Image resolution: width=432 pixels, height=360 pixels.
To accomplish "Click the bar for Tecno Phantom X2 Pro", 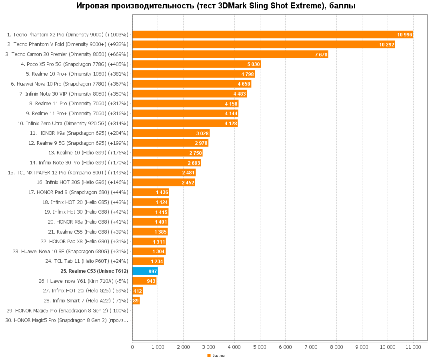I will pos(272,35).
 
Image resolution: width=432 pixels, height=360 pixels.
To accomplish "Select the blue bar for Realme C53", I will pos(145,271).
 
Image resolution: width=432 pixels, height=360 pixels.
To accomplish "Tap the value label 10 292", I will pos(387,45).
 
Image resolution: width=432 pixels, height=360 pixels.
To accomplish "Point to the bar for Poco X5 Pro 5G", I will pos(196,64).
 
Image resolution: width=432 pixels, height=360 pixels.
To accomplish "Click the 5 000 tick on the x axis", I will pos(260,347).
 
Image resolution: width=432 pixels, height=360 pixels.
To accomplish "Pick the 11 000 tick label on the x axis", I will pos(413,347).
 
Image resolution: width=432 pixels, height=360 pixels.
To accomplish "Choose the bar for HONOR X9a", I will pos(171,133).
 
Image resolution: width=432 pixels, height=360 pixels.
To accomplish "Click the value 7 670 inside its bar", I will pos(321,55).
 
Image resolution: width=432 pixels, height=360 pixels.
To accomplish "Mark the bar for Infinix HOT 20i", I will pos(138,291).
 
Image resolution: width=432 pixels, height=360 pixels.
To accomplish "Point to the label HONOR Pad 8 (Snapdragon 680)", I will pos(78,192).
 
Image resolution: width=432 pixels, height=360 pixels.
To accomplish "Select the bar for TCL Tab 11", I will pos(148,261).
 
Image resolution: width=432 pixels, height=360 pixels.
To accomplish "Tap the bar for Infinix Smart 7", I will pos(136,301).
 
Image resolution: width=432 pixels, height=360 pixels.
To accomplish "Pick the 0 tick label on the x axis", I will pos(132,347).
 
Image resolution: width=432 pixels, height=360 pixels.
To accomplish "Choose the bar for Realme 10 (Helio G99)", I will pos(167,153).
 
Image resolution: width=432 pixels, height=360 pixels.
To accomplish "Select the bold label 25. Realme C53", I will pos(94,271).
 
